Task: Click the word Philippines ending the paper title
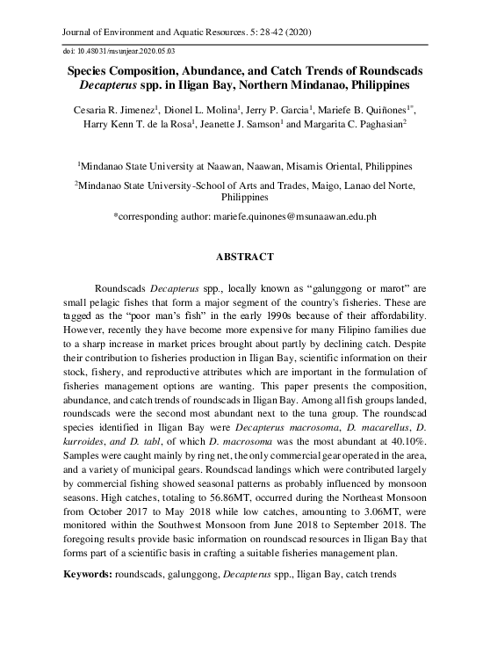pos(380,86)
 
